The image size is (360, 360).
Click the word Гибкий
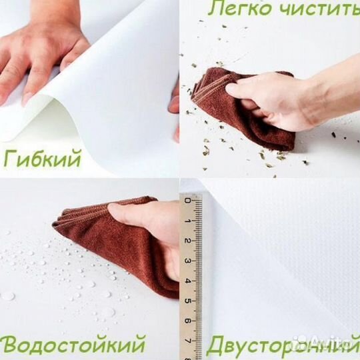(x=43, y=159)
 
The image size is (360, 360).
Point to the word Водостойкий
(x=74, y=345)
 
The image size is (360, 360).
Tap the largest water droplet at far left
(x=7, y=295)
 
